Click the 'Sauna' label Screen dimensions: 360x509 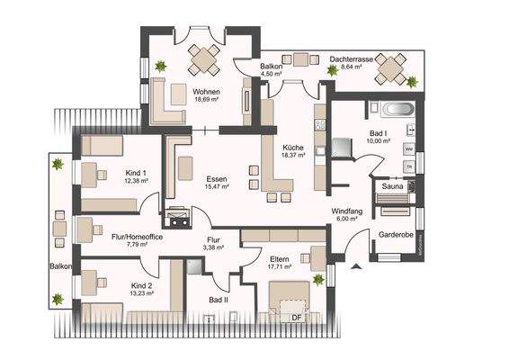pyautogui.click(x=392, y=186)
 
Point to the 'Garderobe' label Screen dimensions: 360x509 pyautogui.click(x=396, y=233)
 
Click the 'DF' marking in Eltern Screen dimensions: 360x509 pyautogui.click(x=294, y=317)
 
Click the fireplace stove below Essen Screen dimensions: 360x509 pyautogui.click(x=175, y=218)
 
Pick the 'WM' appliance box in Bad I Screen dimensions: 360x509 pyautogui.click(x=409, y=149)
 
